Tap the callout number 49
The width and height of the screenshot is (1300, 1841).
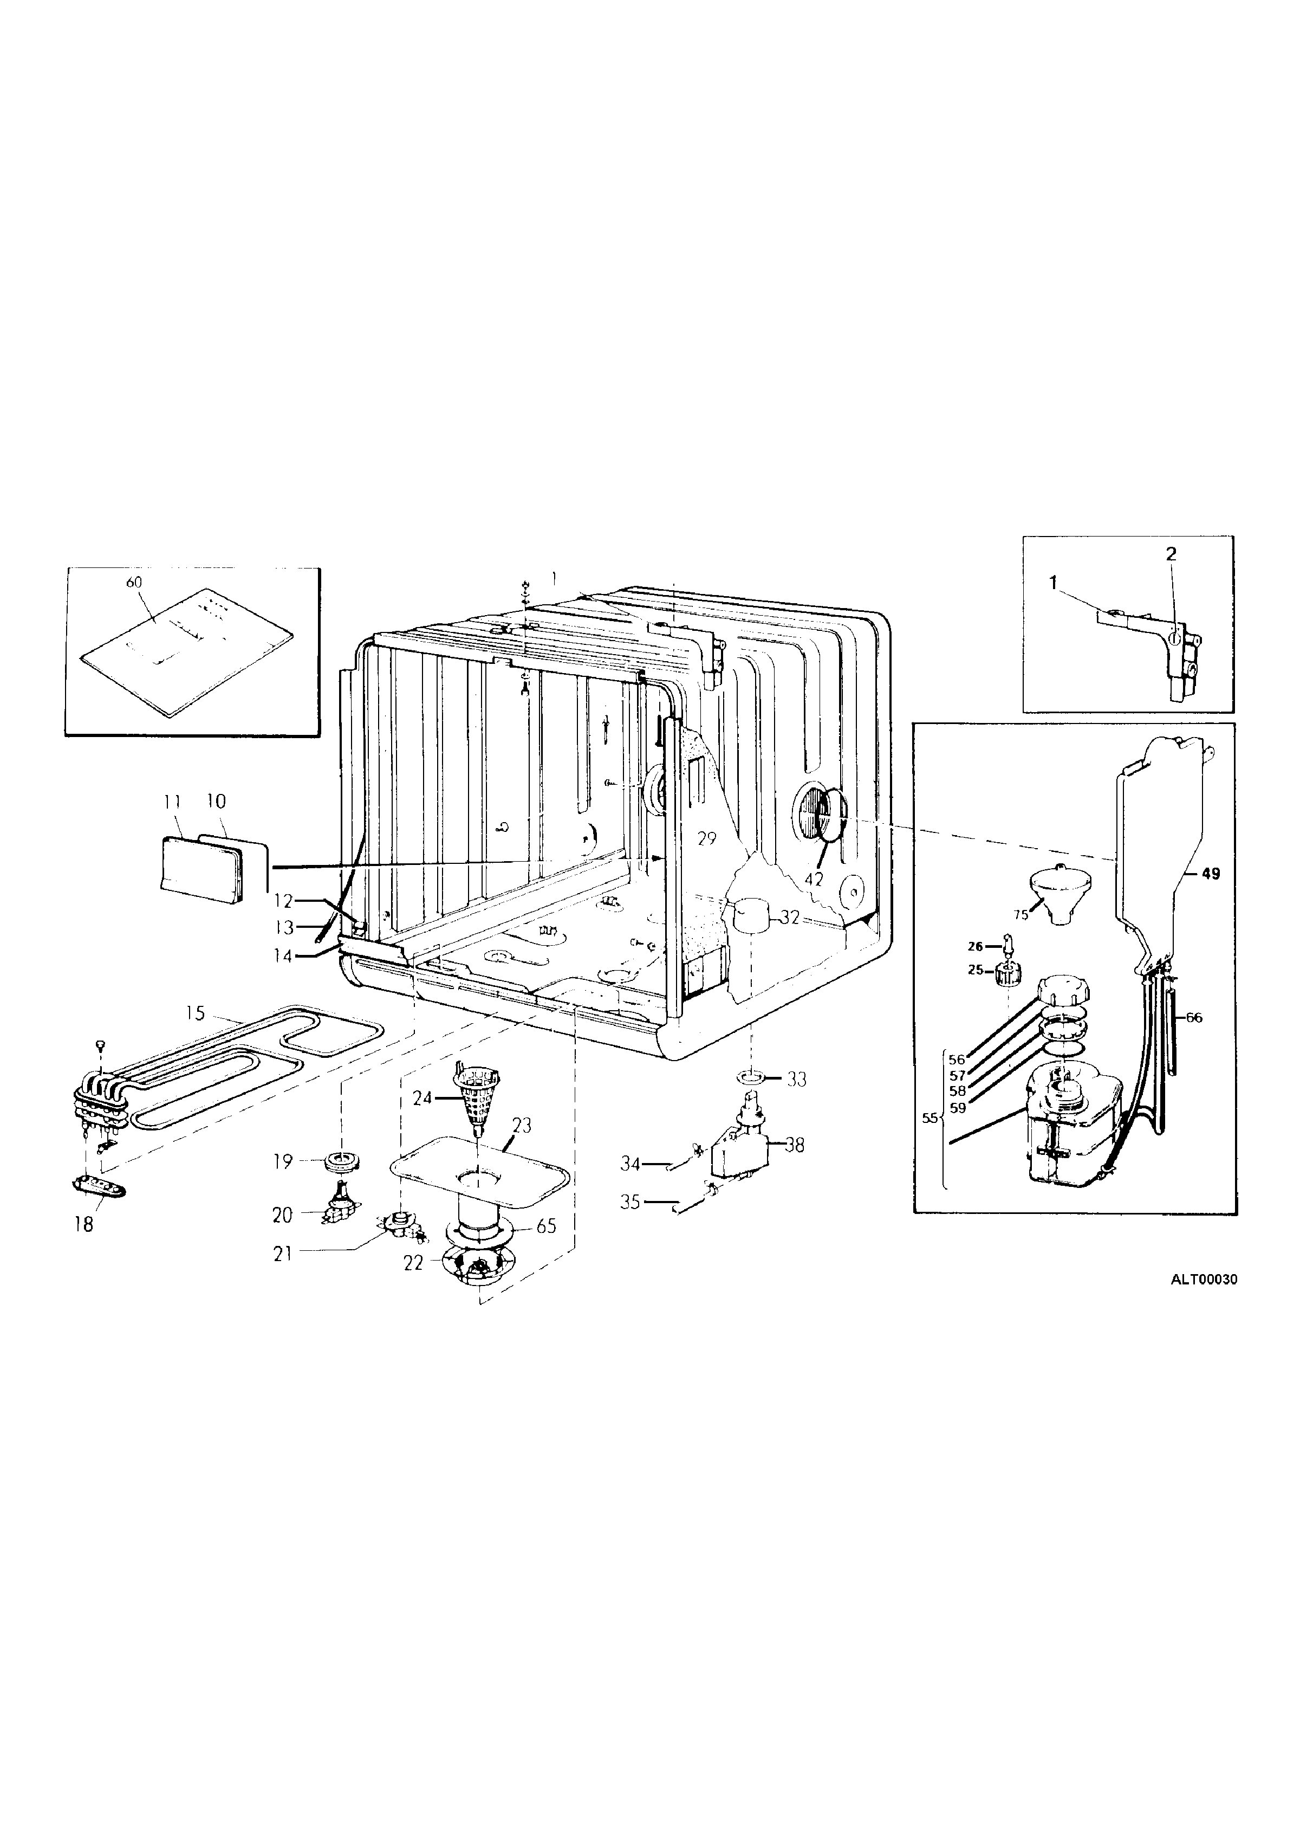point(1211,874)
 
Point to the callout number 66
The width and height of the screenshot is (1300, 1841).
point(1194,1018)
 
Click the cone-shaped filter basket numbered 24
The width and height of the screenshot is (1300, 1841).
point(477,1095)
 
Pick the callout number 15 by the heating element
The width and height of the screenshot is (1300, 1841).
point(196,1013)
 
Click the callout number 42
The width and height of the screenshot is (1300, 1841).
point(814,880)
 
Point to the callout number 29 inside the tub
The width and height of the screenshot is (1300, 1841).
point(706,839)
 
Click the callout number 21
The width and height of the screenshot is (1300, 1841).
point(283,1254)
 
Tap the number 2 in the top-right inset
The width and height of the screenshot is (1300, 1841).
point(1171,553)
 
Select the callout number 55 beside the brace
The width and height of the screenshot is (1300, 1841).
point(929,1117)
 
